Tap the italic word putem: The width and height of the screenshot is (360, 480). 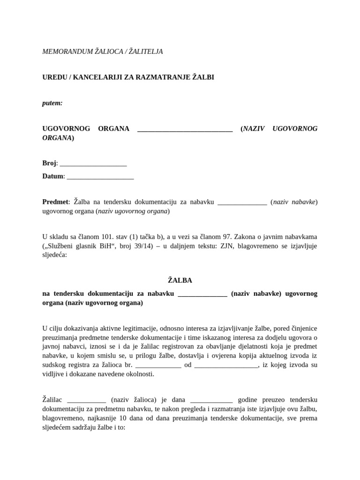(52, 103)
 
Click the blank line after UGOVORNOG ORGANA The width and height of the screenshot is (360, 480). (185, 129)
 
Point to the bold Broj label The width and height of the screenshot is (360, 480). (49, 163)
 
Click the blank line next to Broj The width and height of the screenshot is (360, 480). (93, 164)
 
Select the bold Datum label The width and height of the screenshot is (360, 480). (52, 176)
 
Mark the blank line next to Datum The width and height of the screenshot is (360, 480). (100, 177)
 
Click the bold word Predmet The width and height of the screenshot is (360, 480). (55, 202)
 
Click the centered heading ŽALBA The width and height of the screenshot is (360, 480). (180, 280)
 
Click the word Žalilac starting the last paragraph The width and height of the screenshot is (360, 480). (53, 400)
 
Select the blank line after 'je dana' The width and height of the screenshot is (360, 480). (211, 400)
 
